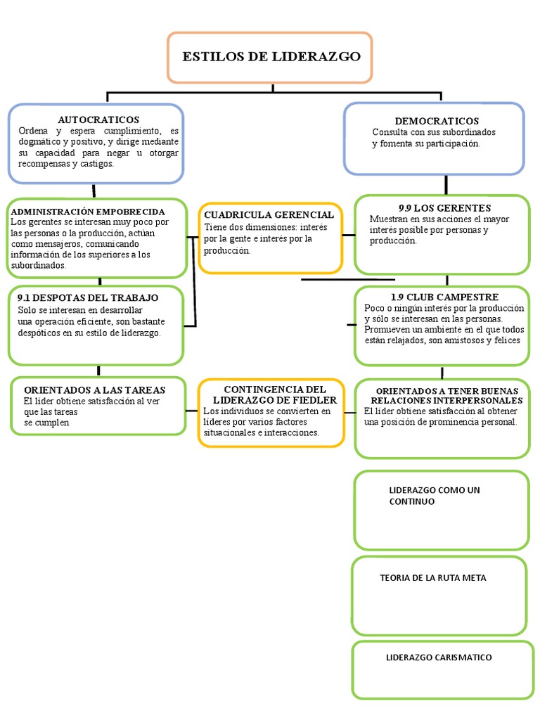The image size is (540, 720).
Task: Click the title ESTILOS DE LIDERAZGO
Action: click(x=271, y=57)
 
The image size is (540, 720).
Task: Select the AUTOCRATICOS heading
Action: click(x=98, y=120)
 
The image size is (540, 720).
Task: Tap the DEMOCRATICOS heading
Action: click(x=437, y=121)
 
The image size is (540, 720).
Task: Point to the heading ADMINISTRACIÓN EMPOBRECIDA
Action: click(x=88, y=211)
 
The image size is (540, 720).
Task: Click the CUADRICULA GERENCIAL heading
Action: click(x=269, y=214)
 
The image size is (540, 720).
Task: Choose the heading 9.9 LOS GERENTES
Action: click(x=444, y=208)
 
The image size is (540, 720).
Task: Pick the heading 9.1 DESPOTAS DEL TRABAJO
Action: click(x=88, y=297)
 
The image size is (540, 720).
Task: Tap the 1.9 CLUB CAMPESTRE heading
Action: click(x=444, y=297)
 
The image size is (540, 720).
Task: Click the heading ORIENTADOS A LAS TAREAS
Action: click(x=94, y=390)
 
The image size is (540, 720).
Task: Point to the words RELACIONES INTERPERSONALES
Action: click(x=447, y=400)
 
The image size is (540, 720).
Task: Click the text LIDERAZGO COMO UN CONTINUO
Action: click(x=434, y=496)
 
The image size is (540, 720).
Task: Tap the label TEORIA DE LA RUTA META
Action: click(x=432, y=578)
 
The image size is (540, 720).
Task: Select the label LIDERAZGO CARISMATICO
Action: click(x=439, y=657)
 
